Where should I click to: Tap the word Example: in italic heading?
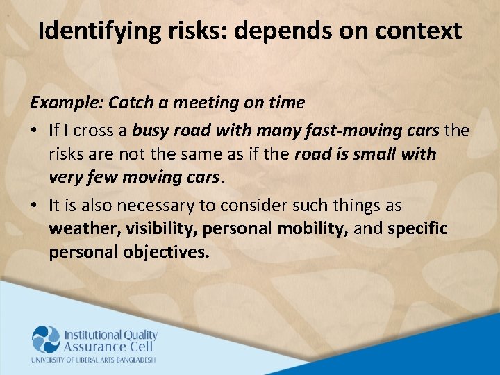point(66,103)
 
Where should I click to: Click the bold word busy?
point(150,131)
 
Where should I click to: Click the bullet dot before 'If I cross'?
point(33,131)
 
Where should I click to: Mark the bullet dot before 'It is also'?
point(33,206)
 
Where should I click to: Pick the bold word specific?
point(417,229)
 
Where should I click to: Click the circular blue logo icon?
point(47,340)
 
